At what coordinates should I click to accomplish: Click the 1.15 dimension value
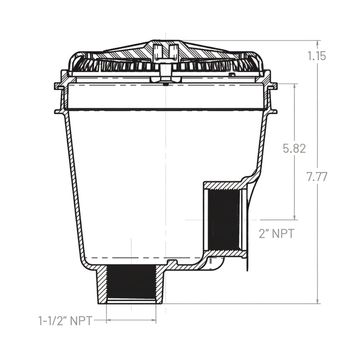coord(317,56)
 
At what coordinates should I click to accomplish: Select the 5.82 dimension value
coord(294,148)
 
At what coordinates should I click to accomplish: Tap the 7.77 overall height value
coord(317,177)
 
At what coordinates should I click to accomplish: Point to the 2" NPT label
coord(276,233)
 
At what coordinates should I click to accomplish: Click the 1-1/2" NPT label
coord(65,320)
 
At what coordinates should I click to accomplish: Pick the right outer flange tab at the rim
coord(272,86)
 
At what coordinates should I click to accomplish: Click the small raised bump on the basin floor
coord(171,262)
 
